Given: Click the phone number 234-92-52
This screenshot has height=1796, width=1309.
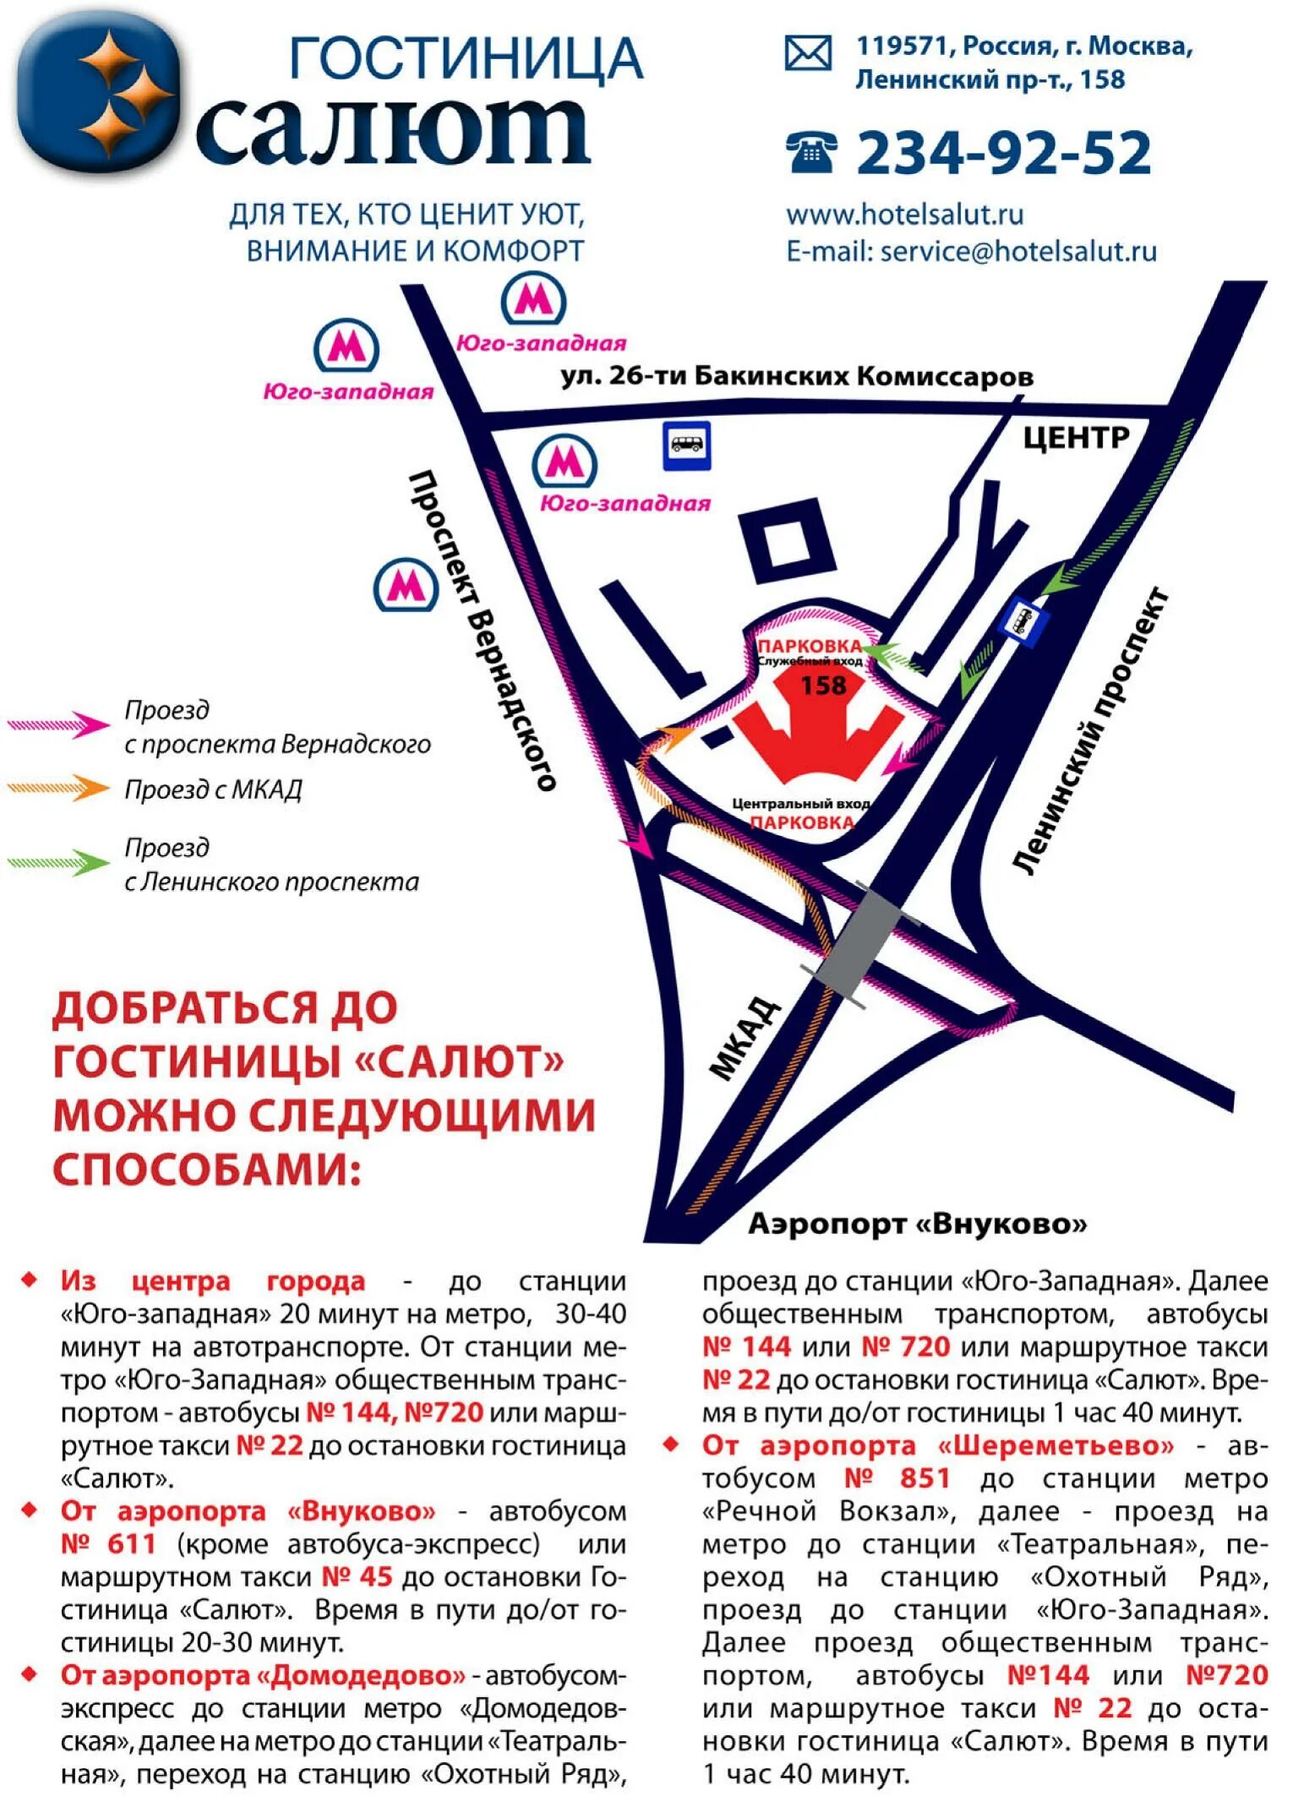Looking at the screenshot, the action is [x=1003, y=153].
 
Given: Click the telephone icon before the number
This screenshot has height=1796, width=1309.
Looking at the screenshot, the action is [x=810, y=152].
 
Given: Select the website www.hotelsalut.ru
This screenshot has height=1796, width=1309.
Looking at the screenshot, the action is [x=904, y=215].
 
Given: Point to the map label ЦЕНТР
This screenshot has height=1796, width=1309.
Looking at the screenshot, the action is [x=1075, y=438].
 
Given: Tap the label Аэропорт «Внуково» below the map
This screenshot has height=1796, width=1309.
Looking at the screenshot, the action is [x=917, y=1223].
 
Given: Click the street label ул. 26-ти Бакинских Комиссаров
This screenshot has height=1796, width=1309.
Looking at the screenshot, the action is [x=796, y=376].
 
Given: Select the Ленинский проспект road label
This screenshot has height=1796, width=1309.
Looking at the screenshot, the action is [x=1091, y=731].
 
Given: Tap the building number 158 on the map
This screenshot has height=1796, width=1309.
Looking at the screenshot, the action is [x=823, y=685].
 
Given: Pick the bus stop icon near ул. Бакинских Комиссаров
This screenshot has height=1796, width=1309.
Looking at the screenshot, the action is [x=686, y=444].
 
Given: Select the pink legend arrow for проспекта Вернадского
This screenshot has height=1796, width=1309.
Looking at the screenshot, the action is [x=58, y=724].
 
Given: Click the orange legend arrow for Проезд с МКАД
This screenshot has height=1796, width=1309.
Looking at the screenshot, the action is [x=58, y=788].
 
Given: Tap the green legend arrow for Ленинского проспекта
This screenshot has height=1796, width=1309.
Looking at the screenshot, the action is [x=58, y=862].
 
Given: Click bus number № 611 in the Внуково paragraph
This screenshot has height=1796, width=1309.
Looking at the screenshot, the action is [x=108, y=1543].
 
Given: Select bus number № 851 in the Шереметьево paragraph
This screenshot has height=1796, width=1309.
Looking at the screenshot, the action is [x=897, y=1478].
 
